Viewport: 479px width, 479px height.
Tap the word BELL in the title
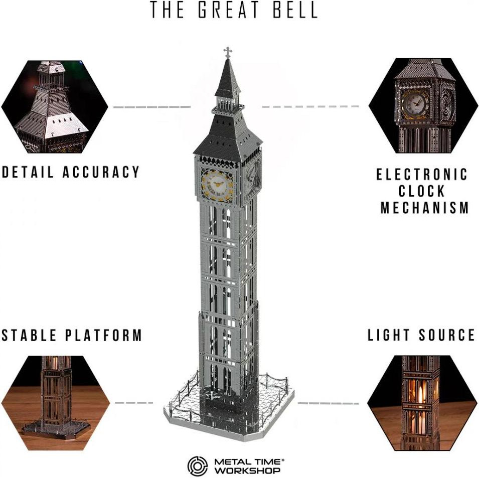[x=295, y=10]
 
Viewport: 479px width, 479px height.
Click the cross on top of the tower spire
[x=228, y=52]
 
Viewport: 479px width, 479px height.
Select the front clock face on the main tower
[x=217, y=185]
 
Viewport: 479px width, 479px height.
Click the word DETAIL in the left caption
[x=28, y=172]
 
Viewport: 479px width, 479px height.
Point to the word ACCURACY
[x=101, y=172]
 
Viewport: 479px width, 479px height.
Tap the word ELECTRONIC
[x=422, y=175]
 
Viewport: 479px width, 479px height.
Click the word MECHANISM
[x=425, y=208]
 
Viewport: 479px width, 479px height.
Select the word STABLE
[x=29, y=335]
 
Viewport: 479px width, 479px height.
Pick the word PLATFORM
[x=104, y=335]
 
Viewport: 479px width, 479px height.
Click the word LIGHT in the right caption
[x=388, y=335]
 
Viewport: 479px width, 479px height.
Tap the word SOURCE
[x=447, y=335]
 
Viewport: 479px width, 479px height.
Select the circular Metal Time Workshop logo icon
[x=197, y=466]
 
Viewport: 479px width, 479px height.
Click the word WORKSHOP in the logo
[x=247, y=470]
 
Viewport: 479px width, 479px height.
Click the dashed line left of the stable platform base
[x=134, y=403]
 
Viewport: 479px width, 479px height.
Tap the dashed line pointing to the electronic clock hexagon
[x=310, y=107]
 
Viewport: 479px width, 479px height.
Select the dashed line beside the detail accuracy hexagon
[x=152, y=107]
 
